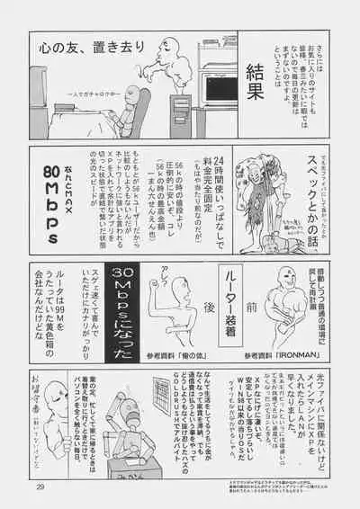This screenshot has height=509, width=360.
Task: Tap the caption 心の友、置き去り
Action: pos(86,47)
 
